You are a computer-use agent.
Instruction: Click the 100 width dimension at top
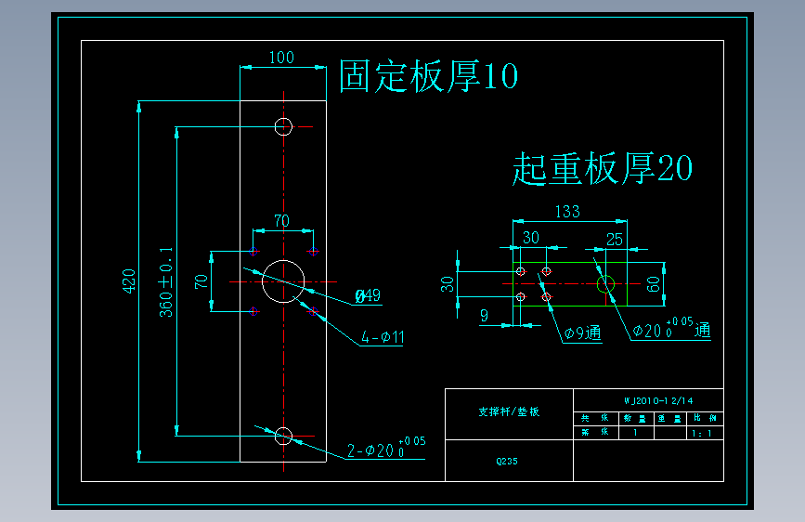281,58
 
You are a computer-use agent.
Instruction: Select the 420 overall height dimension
129,281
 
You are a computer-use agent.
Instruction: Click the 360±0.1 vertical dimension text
166,281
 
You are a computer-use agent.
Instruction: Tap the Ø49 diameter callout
368,296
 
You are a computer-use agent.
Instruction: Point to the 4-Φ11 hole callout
383,338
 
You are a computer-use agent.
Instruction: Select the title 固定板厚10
428,77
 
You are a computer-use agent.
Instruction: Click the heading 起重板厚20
603,168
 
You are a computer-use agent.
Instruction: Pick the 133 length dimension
567,212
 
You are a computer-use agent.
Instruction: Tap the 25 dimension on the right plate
614,239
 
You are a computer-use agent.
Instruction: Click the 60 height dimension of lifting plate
653,285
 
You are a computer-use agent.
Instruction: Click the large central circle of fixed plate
283,281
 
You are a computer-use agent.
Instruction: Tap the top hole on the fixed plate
283,126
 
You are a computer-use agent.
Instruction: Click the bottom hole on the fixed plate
283,436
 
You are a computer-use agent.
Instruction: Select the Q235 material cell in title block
508,460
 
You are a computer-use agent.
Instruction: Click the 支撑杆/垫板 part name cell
508,411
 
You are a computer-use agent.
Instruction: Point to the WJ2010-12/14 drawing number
658,400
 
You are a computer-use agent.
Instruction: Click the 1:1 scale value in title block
703,432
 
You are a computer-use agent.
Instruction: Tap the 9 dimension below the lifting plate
484,316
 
